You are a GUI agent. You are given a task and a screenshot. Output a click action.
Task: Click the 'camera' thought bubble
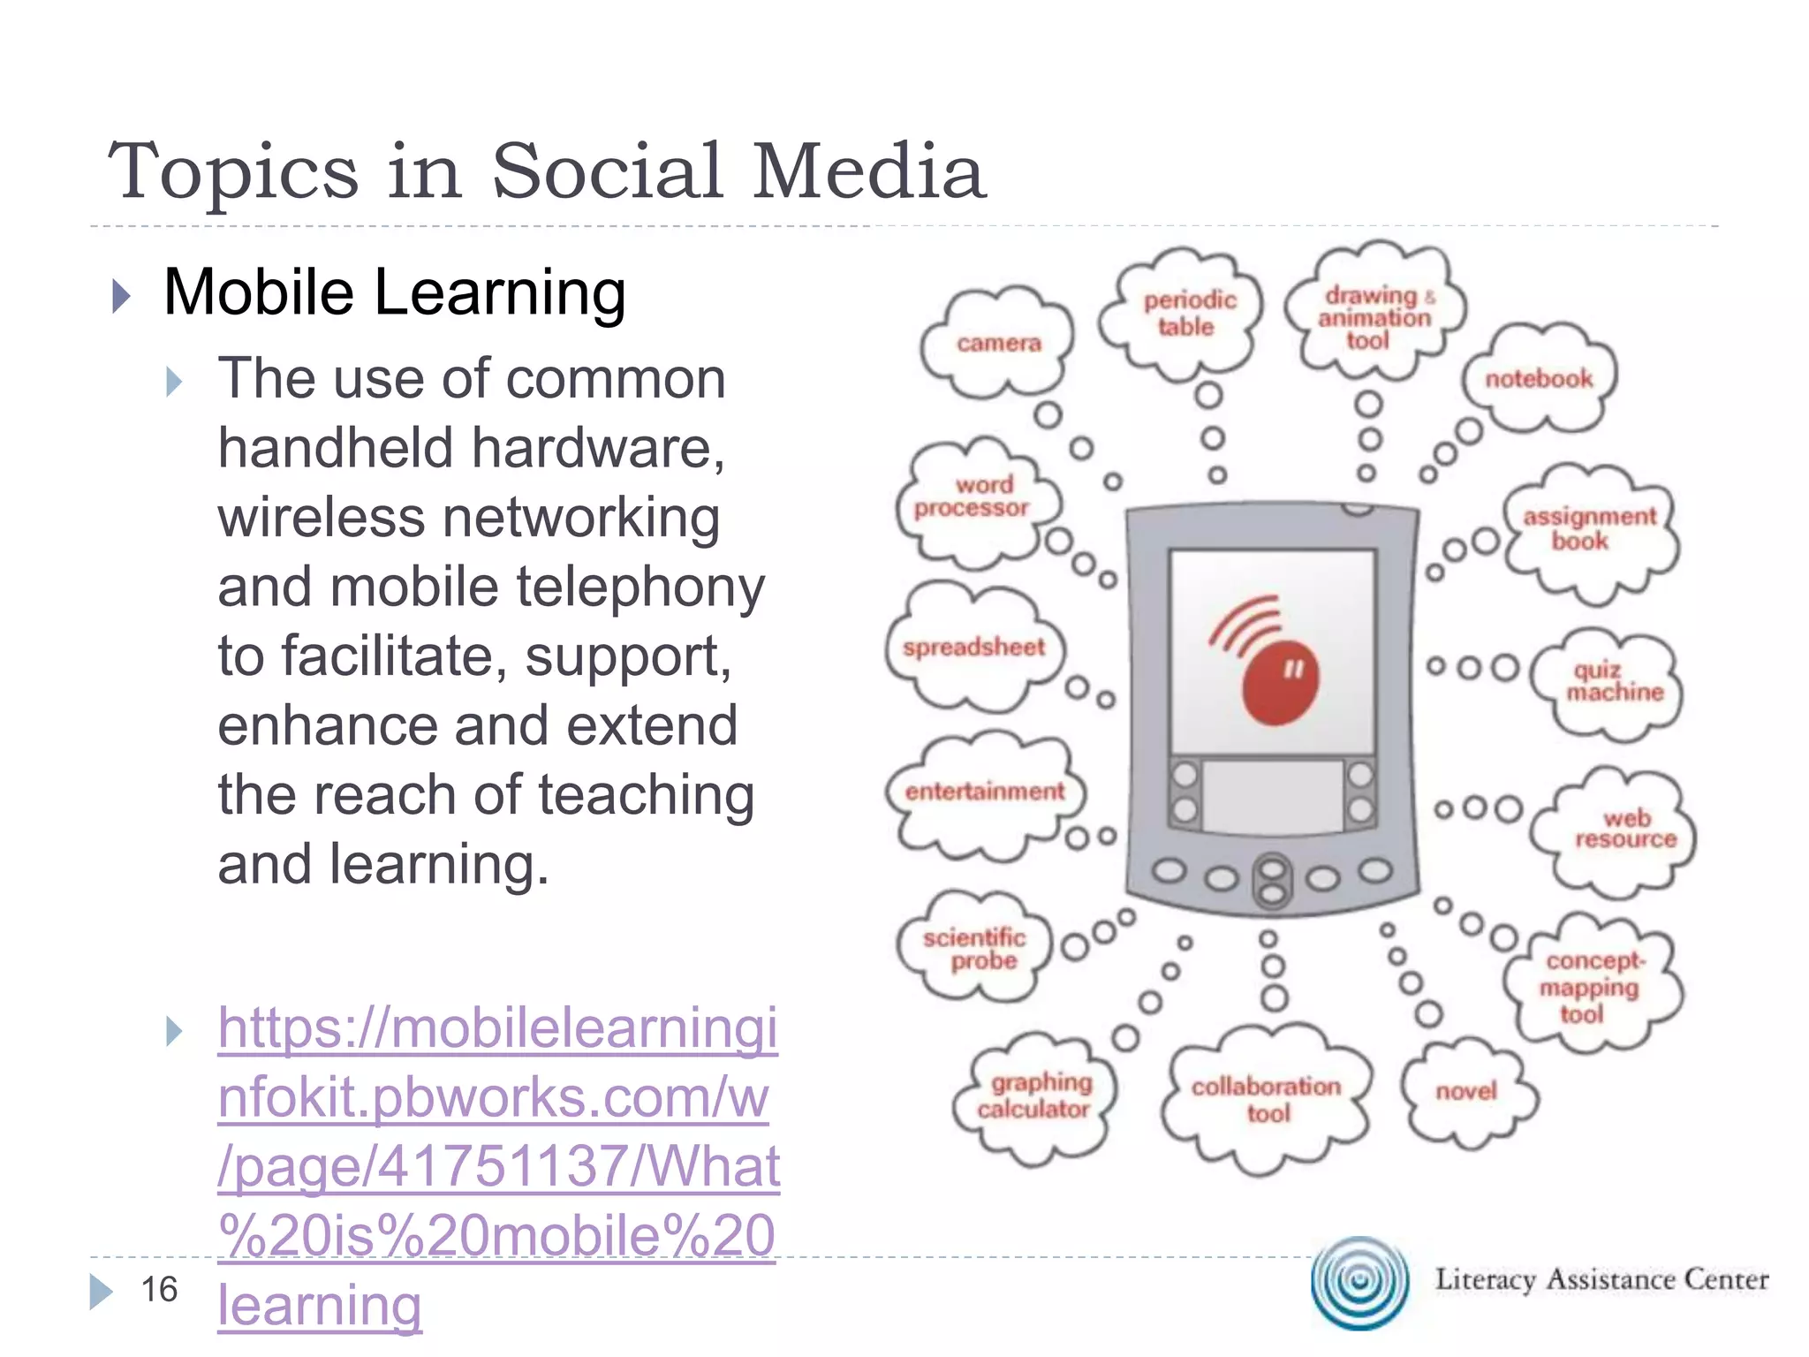998,343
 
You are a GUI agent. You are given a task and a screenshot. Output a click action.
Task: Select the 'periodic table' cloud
1188,314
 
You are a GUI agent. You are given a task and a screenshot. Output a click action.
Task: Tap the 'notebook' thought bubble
1539,379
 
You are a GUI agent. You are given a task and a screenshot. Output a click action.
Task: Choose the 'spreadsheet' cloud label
973,648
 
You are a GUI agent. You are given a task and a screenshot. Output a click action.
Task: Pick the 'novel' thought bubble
1466,1092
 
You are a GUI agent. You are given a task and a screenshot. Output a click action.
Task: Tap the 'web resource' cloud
1624,829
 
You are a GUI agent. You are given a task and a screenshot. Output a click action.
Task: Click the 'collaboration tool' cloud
1266,1099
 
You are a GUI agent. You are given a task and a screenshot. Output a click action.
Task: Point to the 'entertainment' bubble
984,792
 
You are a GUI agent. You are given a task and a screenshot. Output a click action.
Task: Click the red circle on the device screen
1281,682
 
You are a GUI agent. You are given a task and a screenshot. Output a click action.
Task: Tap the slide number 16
160,1289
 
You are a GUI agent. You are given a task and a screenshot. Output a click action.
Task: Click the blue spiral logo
1360,1281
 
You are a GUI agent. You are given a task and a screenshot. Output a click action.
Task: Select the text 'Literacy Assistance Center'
1601,1279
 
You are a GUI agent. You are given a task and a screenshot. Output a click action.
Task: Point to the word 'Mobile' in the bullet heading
259,292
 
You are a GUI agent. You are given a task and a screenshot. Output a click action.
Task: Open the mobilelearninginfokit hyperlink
498,1167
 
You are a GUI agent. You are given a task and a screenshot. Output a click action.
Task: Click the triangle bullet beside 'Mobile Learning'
122,296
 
